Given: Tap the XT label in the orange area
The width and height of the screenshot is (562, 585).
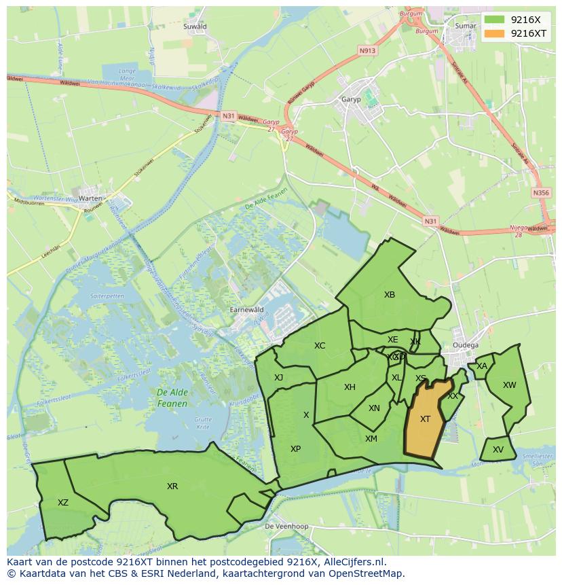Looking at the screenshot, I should point(425,419).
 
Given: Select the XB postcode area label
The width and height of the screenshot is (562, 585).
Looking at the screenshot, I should point(389,295).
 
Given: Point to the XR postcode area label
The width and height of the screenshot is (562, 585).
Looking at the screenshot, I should point(172,486).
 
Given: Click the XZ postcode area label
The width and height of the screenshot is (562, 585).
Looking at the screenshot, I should point(63,503).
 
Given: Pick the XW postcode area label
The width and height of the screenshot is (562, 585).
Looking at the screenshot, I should point(509,385).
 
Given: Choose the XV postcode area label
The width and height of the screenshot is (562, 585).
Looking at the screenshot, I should point(498,450).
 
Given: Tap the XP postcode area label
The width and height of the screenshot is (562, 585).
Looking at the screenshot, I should point(295,449).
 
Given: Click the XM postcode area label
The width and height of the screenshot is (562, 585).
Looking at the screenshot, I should point(371,439).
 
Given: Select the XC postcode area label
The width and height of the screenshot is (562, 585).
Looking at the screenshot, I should point(320,346).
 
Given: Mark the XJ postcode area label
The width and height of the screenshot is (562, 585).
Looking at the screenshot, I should point(278,378).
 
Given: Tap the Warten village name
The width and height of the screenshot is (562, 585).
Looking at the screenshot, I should point(90,198).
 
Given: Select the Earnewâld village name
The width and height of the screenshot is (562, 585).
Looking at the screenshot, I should point(246,309).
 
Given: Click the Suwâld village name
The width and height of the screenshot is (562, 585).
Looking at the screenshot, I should point(195,26).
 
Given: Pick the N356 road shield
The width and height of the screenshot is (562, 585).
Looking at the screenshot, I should point(541,193).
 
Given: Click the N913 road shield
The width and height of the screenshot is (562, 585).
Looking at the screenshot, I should point(367,51).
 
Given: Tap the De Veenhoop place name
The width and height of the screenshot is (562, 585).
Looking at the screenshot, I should point(286,527).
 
